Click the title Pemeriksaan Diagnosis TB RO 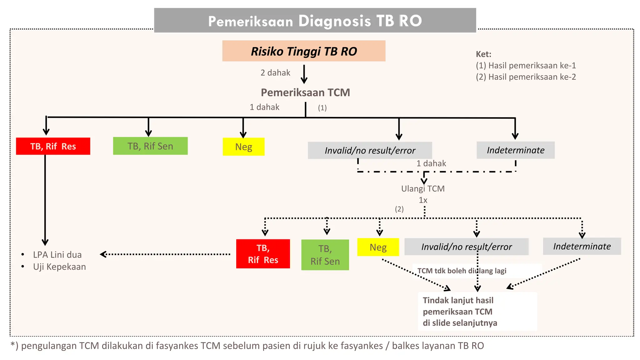(315, 21)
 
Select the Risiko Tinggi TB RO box (304, 51)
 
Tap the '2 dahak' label (275, 73)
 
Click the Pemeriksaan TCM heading (305, 92)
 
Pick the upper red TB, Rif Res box (53, 146)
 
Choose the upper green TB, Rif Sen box (150, 146)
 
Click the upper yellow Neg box (243, 147)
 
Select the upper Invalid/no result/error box (370, 150)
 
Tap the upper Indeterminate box (515, 150)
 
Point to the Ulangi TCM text (423, 189)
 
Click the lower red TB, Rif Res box (263, 254)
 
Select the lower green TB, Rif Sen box (325, 255)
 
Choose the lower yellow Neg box (378, 247)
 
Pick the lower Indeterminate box (582, 246)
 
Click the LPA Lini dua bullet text (57, 255)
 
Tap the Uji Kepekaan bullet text (59, 267)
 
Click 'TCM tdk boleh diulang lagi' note (462, 271)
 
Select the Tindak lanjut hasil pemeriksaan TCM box (477, 311)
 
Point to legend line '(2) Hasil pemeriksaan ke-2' (526, 77)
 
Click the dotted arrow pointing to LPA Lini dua (166, 254)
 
